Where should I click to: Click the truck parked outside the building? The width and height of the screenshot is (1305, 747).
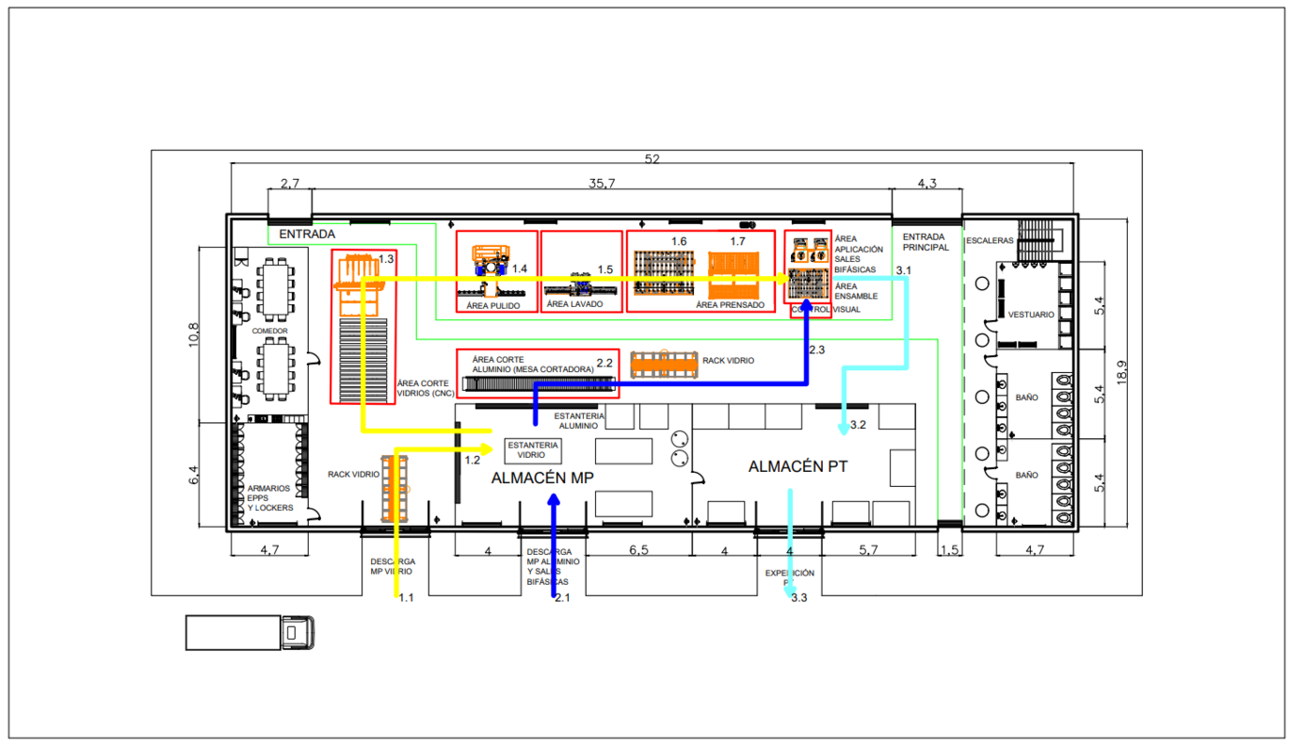pyautogui.click(x=250, y=632)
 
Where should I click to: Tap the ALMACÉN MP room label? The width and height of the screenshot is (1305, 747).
pyautogui.click(x=542, y=479)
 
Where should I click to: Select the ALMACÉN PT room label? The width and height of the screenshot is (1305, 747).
pyautogui.click(x=798, y=466)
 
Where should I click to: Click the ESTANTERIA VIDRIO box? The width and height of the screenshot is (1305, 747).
pyautogui.click(x=533, y=450)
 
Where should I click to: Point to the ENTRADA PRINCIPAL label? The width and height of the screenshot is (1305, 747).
pyautogui.click(x=926, y=242)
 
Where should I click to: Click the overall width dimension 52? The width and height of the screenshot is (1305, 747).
pyautogui.click(x=652, y=159)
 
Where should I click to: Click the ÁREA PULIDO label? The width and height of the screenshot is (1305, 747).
pyautogui.click(x=492, y=305)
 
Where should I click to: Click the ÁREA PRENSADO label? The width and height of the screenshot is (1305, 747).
pyautogui.click(x=730, y=305)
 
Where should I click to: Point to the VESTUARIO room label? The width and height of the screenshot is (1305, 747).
pyautogui.click(x=1031, y=315)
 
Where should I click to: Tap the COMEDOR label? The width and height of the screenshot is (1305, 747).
pyautogui.click(x=269, y=332)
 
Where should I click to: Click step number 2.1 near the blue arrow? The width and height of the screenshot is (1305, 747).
pyautogui.click(x=562, y=597)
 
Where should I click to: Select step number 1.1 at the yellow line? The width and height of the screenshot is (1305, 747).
pyautogui.click(x=406, y=597)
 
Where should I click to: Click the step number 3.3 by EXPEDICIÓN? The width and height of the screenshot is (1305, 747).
pyautogui.click(x=798, y=597)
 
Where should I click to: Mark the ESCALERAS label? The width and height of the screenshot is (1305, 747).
pyautogui.click(x=989, y=241)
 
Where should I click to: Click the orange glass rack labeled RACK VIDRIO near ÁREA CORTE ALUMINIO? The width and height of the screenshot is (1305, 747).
pyautogui.click(x=666, y=364)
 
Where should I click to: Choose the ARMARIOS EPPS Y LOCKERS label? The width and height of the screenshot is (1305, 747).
pyautogui.click(x=269, y=498)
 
